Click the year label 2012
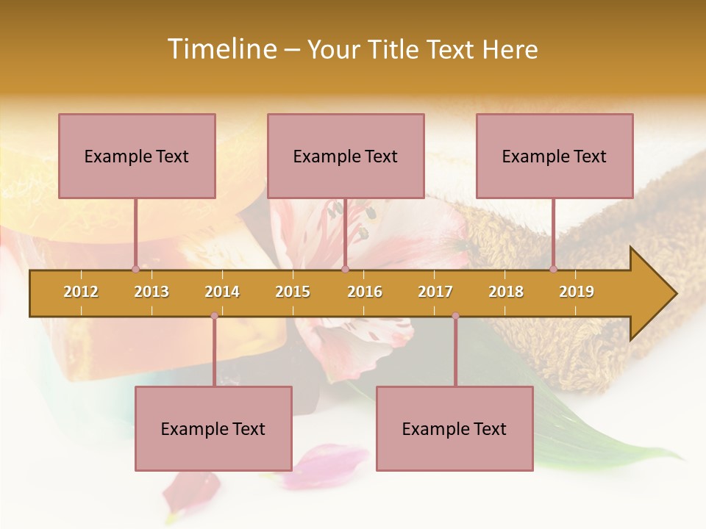click(81, 292)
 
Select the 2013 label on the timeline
click(151, 292)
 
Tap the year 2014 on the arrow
click(222, 292)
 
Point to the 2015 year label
click(293, 292)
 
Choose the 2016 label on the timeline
click(365, 292)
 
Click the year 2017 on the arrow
click(435, 292)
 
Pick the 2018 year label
click(506, 292)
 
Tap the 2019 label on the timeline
click(577, 292)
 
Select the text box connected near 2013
click(137, 156)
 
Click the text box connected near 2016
click(346, 156)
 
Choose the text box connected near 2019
click(555, 156)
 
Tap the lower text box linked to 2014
click(213, 428)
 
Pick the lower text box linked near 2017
click(454, 428)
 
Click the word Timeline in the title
click(221, 49)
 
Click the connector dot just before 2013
click(135, 269)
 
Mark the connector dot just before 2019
click(553, 269)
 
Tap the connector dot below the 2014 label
click(214, 316)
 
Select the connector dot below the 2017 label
click(455, 316)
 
